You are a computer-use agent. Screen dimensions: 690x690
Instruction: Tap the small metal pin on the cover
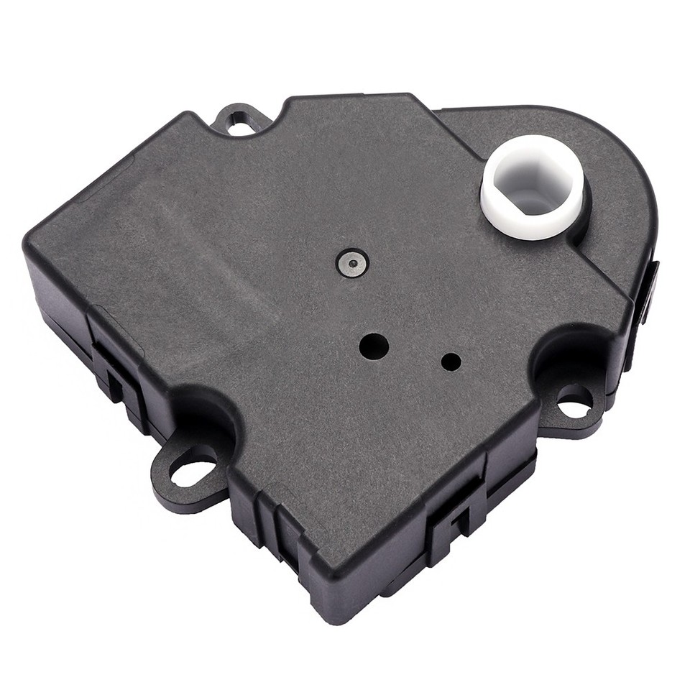click(351, 264)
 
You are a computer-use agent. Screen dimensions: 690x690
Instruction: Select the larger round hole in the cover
click(374, 346)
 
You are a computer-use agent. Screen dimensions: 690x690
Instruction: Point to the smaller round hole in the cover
click(451, 362)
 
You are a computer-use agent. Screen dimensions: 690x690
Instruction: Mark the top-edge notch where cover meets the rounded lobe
click(435, 111)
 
